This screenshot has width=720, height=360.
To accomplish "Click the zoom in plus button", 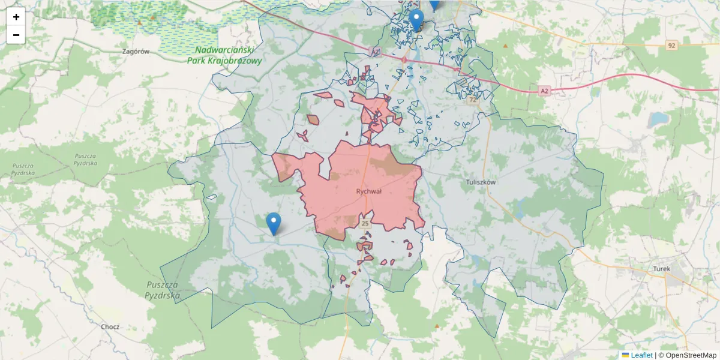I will (x=16, y=17).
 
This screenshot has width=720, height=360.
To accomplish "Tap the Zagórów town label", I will (x=135, y=52).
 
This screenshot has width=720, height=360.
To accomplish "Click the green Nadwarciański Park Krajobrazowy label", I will (x=224, y=56).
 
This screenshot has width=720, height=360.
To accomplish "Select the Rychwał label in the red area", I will (x=369, y=191).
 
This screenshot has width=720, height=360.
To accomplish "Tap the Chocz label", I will (x=110, y=327).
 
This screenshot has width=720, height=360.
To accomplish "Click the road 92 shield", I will (x=671, y=46).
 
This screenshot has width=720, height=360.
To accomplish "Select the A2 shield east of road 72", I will (x=544, y=91).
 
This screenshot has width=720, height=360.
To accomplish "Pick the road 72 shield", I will (x=473, y=100).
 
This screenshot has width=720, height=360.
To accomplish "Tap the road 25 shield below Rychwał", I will (x=365, y=224).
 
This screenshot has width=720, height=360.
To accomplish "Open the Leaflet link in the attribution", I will (x=641, y=355).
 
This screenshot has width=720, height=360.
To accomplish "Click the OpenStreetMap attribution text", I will (x=689, y=355).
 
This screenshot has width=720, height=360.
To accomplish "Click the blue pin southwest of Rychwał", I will (x=274, y=223).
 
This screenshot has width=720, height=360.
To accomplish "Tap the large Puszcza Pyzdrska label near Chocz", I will (x=163, y=290).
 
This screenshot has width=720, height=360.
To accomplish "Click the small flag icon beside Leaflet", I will (x=625, y=355).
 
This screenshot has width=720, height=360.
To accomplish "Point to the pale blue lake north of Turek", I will (x=656, y=119).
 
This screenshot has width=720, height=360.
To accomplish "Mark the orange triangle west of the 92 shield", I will (x=506, y=46).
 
